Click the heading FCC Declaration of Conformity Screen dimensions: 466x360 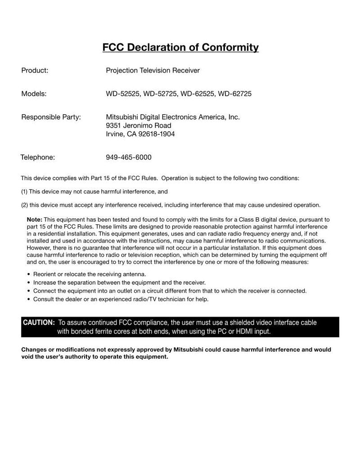[x=180, y=47]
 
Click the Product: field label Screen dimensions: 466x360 [x=35, y=71]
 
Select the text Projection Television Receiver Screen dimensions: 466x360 [x=153, y=71]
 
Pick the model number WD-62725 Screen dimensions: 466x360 [x=234, y=94]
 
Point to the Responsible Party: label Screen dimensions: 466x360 [x=51, y=117]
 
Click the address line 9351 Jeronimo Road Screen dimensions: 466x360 [x=139, y=125]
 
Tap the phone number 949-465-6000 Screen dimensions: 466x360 [x=128, y=157]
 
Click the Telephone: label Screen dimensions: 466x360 [x=38, y=157]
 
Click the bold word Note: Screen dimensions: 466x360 [x=35, y=219]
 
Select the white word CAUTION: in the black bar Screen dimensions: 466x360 [x=39, y=323]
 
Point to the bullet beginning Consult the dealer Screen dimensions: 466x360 [x=121, y=299]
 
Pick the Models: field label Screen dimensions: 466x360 [x=34, y=94]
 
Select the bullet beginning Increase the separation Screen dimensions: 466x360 [x=119, y=282]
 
